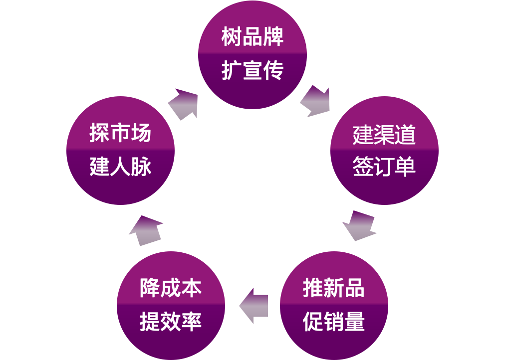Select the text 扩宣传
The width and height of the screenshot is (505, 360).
[252, 71]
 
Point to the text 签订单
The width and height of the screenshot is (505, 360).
[384, 167]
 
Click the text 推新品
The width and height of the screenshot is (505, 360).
[333, 289]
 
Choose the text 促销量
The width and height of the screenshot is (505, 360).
[333, 322]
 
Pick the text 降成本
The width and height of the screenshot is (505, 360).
[171, 289]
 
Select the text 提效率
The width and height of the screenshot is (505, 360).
[171, 322]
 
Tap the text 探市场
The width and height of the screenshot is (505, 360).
[120, 133]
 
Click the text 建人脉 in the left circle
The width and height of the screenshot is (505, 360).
[120, 167]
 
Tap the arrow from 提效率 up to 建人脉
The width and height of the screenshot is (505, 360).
[146, 230]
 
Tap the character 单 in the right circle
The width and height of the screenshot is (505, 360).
[405, 167]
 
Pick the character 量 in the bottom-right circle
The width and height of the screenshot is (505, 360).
[354, 322]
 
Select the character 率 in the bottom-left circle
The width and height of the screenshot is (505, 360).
[192, 322]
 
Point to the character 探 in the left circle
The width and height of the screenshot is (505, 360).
[99, 133]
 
